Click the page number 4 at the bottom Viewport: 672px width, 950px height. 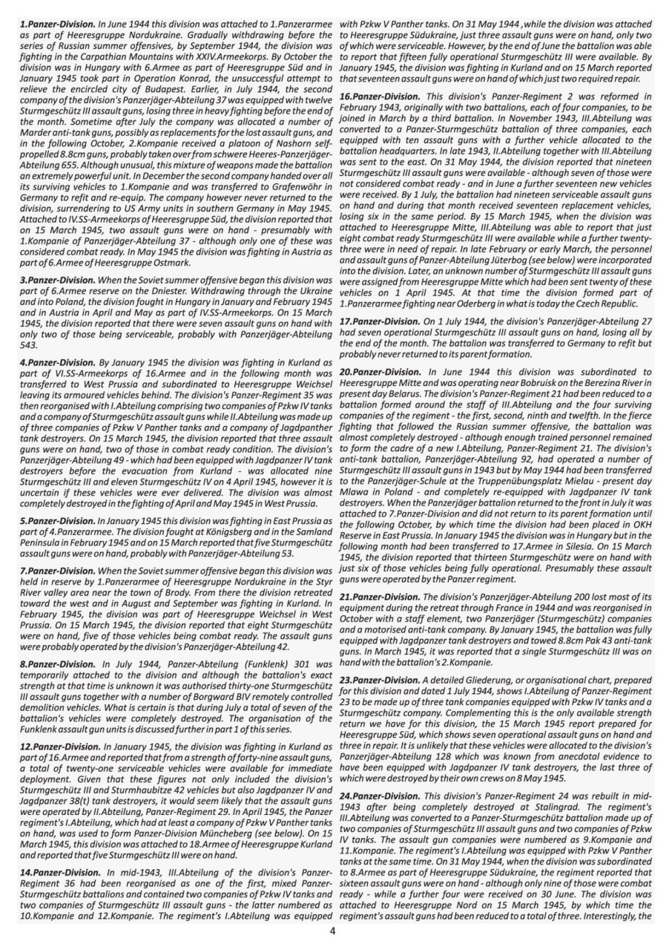tap(332, 931)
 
